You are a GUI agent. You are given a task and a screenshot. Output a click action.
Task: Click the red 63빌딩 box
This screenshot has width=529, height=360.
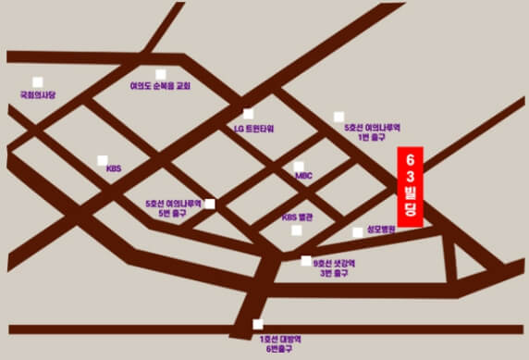point(410,186)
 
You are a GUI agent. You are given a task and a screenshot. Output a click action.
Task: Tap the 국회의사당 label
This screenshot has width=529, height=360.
point(38,94)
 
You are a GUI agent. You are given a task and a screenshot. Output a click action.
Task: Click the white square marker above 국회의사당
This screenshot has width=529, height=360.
point(38,81)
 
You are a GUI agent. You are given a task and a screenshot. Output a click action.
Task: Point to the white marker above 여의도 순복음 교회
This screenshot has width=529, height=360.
point(160,75)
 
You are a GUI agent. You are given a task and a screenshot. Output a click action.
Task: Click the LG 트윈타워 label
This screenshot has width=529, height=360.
point(255,129)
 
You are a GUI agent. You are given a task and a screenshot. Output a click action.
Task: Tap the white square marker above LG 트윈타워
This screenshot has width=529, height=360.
point(248,114)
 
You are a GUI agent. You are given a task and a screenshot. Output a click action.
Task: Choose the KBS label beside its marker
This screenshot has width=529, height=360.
point(114,169)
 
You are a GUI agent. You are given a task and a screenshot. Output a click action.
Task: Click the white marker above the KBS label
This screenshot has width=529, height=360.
point(103,160)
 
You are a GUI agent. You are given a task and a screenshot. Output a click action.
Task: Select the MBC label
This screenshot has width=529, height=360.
point(304,175)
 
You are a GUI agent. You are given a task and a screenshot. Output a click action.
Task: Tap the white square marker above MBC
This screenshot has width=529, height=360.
point(298,166)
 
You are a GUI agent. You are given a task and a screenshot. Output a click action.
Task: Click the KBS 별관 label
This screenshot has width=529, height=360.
point(298,217)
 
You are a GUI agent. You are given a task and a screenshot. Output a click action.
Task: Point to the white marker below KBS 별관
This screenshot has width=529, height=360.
point(297,230)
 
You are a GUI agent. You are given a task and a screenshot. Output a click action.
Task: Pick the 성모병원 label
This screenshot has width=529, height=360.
point(380,229)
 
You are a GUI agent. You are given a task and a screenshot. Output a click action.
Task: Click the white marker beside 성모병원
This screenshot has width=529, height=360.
point(358,232)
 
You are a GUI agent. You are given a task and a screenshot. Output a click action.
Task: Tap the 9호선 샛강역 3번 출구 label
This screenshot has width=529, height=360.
point(335,268)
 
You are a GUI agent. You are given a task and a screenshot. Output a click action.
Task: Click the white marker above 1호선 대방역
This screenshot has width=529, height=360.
point(257,324)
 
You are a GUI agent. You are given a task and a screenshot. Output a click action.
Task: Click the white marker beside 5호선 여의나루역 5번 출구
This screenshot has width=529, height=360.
point(210,204)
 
